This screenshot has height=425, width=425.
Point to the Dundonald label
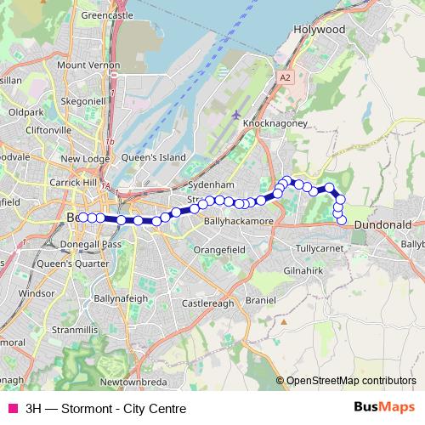point(382,224)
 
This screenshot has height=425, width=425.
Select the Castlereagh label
point(207,303)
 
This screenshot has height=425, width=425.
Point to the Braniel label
point(260,300)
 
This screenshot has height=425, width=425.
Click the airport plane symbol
point(235,114)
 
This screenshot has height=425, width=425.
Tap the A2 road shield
point(285,76)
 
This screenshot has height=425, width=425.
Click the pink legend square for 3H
point(12,408)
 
